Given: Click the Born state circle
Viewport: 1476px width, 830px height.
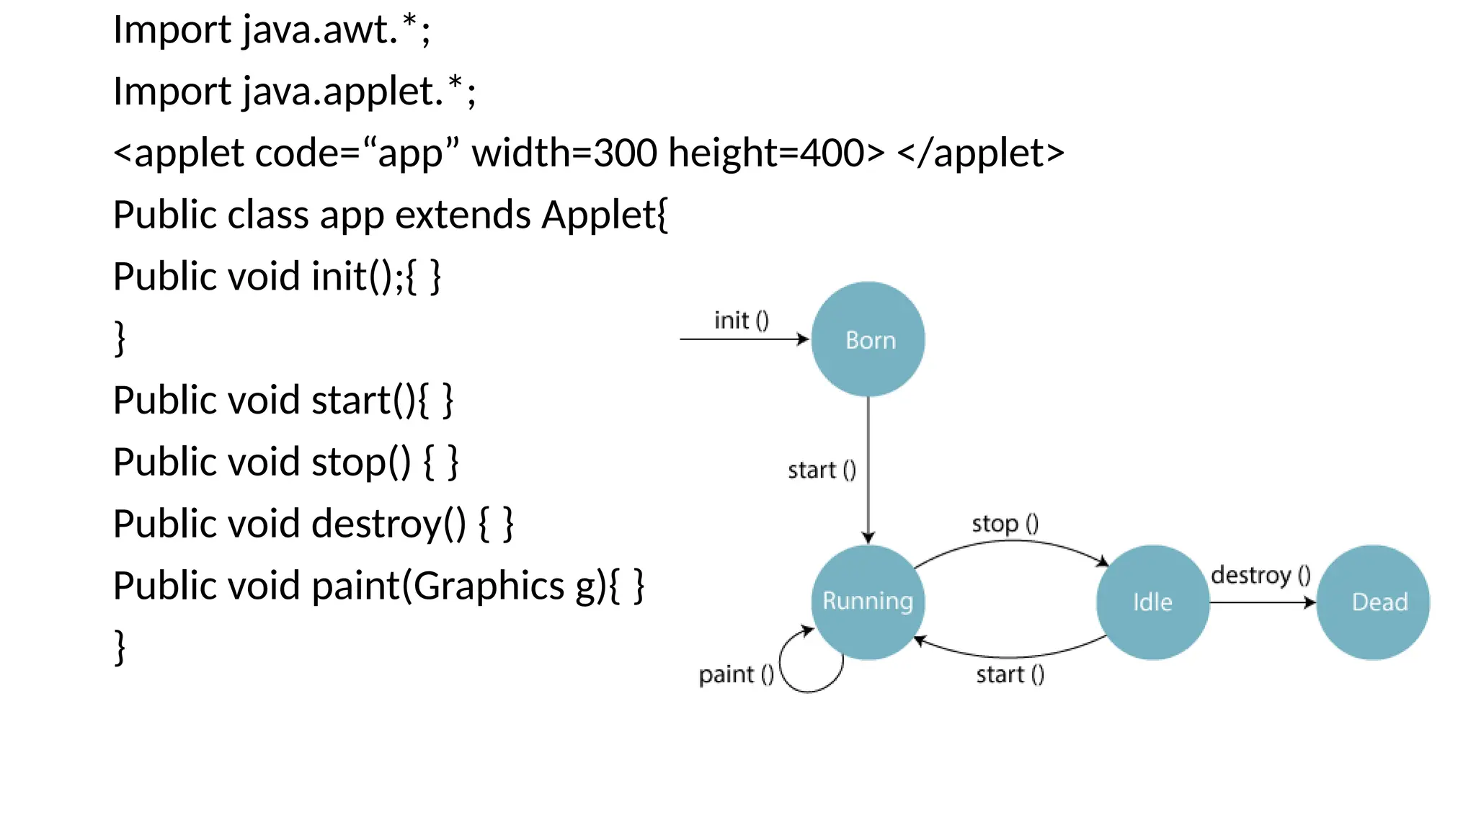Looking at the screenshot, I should [x=868, y=339].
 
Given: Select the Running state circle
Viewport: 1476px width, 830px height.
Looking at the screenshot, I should [x=868, y=602].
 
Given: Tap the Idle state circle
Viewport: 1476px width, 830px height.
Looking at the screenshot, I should [x=1152, y=602].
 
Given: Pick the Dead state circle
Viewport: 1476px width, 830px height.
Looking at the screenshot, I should [x=1373, y=602].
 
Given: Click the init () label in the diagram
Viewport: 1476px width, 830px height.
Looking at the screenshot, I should [x=742, y=320].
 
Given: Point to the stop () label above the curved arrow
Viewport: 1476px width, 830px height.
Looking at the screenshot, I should [x=1005, y=523].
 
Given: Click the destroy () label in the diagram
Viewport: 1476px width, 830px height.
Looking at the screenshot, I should [x=1261, y=575].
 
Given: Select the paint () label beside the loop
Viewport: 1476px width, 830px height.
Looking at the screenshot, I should [x=736, y=674].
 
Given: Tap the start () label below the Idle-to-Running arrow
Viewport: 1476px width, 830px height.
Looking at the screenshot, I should [x=1010, y=674].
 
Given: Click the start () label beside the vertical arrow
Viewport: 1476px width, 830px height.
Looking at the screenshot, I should [x=822, y=470].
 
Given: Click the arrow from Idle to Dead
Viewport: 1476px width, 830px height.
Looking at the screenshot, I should [x=1261, y=602].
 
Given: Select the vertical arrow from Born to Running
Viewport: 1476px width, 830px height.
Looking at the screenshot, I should [x=868, y=468].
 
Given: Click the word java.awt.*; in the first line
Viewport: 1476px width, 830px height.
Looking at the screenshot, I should [x=337, y=30].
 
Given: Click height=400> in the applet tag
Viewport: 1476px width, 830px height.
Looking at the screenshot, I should [x=776, y=153].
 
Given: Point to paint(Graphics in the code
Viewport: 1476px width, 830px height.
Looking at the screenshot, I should [x=438, y=586].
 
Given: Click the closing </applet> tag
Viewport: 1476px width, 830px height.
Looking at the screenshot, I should [x=980, y=153].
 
